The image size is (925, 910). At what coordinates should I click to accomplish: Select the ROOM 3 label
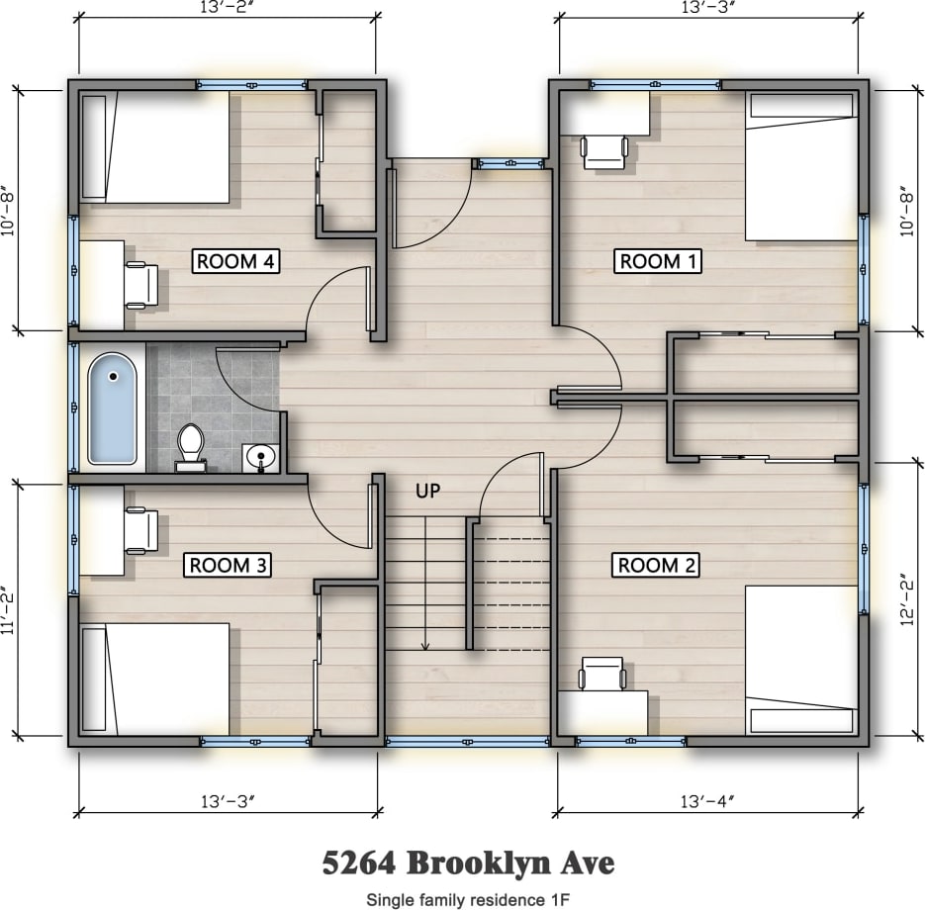(x=229, y=565)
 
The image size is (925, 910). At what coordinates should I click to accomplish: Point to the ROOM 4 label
(x=235, y=261)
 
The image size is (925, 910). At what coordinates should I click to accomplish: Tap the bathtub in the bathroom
(x=113, y=409)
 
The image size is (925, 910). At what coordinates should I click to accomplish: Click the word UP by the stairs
(x=427, y=490)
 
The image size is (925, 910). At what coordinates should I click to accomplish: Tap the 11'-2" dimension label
(x=13, y=610)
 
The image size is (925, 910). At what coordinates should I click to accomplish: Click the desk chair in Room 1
(x=604, y=151)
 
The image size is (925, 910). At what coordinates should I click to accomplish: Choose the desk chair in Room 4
(x=140, y=285)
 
